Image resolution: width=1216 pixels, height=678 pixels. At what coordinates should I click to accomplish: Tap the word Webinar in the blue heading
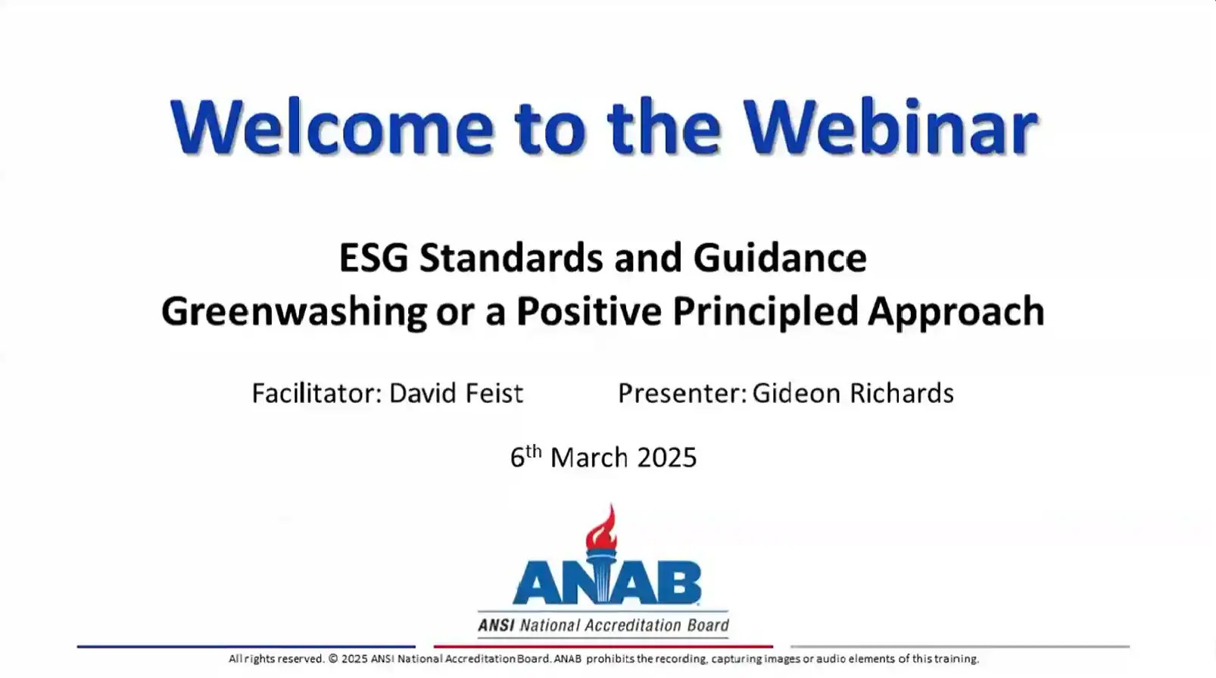[890, 127]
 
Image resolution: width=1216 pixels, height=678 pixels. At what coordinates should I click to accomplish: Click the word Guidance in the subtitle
[779, 258]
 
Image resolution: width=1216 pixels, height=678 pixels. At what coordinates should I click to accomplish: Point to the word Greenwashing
[294, 312]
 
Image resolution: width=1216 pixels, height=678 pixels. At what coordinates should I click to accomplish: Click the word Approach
[956, 312]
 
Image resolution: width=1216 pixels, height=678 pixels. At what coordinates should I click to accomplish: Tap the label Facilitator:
[316, 393]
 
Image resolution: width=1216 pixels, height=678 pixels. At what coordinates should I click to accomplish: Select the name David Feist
[456, 393]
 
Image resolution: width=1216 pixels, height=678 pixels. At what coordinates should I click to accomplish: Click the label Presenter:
[682, 393]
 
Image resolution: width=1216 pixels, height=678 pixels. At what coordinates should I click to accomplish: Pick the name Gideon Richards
[853, 393]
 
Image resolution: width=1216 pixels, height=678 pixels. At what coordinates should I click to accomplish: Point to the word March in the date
[589, 458]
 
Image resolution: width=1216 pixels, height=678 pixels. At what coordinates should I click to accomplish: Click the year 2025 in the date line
[666, 458]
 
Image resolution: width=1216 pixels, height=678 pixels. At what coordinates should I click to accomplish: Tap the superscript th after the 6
[534, 451]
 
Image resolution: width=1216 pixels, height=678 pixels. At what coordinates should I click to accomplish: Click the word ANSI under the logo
[495, 626]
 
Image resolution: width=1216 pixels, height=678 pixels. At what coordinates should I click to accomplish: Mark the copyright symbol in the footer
[333, 659]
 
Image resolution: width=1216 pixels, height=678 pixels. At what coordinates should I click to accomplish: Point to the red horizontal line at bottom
[603, 647]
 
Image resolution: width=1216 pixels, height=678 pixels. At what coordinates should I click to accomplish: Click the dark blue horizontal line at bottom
[246, 647]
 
